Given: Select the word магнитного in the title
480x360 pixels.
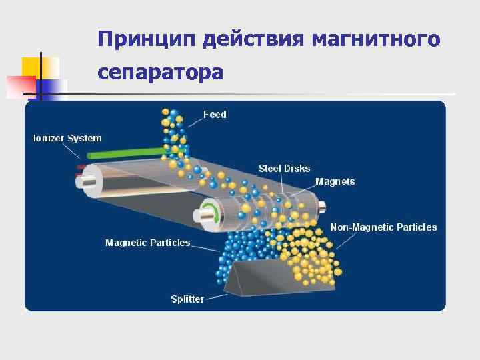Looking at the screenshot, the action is pos(375,39).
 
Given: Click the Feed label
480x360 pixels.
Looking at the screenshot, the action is pos(215,115).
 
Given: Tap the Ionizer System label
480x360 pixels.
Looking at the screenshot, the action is pos(67,138).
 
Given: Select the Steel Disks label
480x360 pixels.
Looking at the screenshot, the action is pos(284,169).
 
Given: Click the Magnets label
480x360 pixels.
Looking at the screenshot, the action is pos(335,181).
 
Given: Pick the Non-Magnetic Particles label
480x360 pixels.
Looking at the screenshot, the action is pos(383,227).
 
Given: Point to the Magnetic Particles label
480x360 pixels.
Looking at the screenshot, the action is pos(147,243).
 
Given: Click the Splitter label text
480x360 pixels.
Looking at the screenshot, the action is pos(187,299).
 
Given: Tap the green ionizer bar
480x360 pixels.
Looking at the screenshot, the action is pos(127,154).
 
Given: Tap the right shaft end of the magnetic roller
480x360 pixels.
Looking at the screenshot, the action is pos(321,206).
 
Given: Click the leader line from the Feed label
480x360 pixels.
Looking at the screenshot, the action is pos(193,121).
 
